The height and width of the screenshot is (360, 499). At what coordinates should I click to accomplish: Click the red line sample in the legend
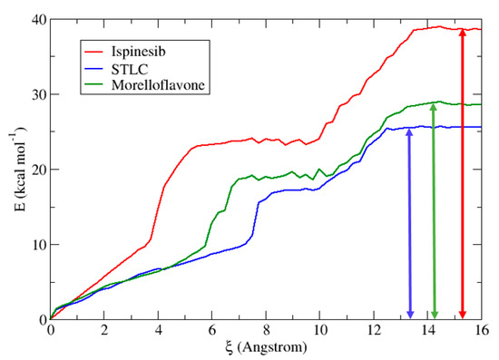[96, 42]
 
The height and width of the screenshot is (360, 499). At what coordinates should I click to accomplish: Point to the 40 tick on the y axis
[37, 19]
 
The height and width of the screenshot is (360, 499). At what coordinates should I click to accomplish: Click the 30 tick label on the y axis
[37, 94]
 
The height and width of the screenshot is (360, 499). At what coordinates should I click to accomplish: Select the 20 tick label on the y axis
[37, 170]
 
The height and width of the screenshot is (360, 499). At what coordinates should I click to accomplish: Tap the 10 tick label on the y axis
[37, 245]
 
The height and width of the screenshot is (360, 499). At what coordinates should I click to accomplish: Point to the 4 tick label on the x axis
[158, 330]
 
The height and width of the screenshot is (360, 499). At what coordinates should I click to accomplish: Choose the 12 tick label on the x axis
[373, 330]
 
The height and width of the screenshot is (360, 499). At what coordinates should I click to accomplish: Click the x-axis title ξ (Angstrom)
[265, 347]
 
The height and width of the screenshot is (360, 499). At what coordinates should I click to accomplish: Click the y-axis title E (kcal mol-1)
[12, 170]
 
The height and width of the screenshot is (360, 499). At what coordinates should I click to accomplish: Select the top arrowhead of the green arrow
[435, 107]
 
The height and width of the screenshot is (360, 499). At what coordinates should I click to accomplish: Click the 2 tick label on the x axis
[104, 330]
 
